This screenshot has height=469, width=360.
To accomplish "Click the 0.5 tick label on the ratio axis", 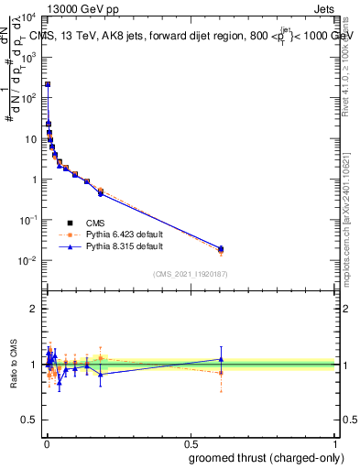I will tap(28, 422).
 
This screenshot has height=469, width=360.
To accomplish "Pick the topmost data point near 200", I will tap(48, 84).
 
